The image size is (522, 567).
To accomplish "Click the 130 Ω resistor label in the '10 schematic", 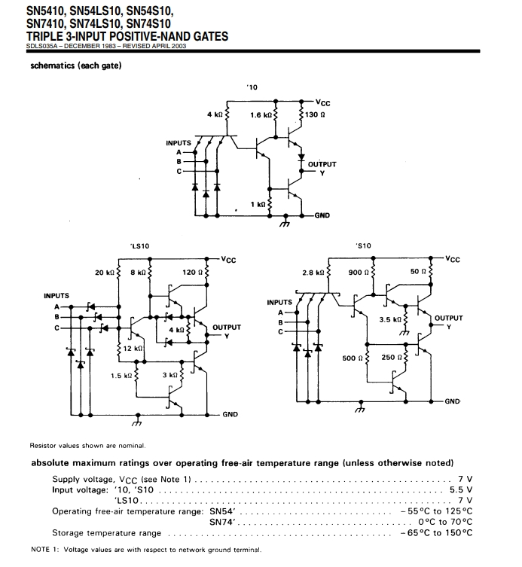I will click(315, 115).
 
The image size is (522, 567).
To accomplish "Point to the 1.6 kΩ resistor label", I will click(261, 115).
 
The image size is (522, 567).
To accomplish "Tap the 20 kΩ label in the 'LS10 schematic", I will click(104, 272).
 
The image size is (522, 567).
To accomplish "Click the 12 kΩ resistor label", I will click(134, 349).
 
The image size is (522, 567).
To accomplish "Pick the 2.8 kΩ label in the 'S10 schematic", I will click(313, 272).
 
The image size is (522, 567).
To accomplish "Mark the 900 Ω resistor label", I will click(358, 272).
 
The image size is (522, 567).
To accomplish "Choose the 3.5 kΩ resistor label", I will click(390, 319).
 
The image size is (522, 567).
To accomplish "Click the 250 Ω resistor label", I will click(390, 358).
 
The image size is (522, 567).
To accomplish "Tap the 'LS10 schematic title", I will click(139, 245).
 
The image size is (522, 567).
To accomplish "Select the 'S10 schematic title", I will click(364, 245).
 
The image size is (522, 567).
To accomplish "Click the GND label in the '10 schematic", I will click(322, 215).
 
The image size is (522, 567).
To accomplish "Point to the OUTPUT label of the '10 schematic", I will click(322, 163).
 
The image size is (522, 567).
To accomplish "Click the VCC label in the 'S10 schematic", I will click(452, 259).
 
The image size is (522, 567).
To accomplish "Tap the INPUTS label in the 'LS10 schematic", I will click(56, 295).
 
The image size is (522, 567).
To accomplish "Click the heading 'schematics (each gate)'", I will click(76, 65).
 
